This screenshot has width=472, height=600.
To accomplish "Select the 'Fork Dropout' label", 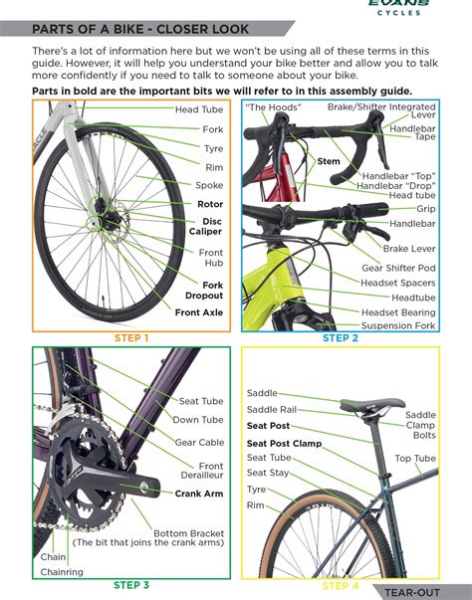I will click(204, 291).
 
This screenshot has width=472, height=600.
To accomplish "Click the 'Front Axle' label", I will click(199, 312).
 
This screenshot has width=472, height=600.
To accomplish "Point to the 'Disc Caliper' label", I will click(206, 226).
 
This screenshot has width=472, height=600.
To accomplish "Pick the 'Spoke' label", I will click(209, 185).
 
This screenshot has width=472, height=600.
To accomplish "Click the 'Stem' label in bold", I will click(329, 160).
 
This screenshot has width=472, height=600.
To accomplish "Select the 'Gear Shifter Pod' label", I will click(398, 269).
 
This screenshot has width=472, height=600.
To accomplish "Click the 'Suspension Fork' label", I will click(398, 325).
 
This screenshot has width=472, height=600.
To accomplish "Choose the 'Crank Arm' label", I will click(199, 493).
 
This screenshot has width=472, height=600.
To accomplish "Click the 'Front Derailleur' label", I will click(210, 471).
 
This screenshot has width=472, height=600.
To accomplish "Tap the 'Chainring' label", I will click(62, 572).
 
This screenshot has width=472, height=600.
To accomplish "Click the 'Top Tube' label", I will click(415, 459).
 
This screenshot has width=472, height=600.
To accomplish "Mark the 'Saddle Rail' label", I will click(272, 409).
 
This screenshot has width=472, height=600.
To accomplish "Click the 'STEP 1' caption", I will click(131, 338).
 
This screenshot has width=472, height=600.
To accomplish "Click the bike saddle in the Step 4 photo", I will click(372, 406).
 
